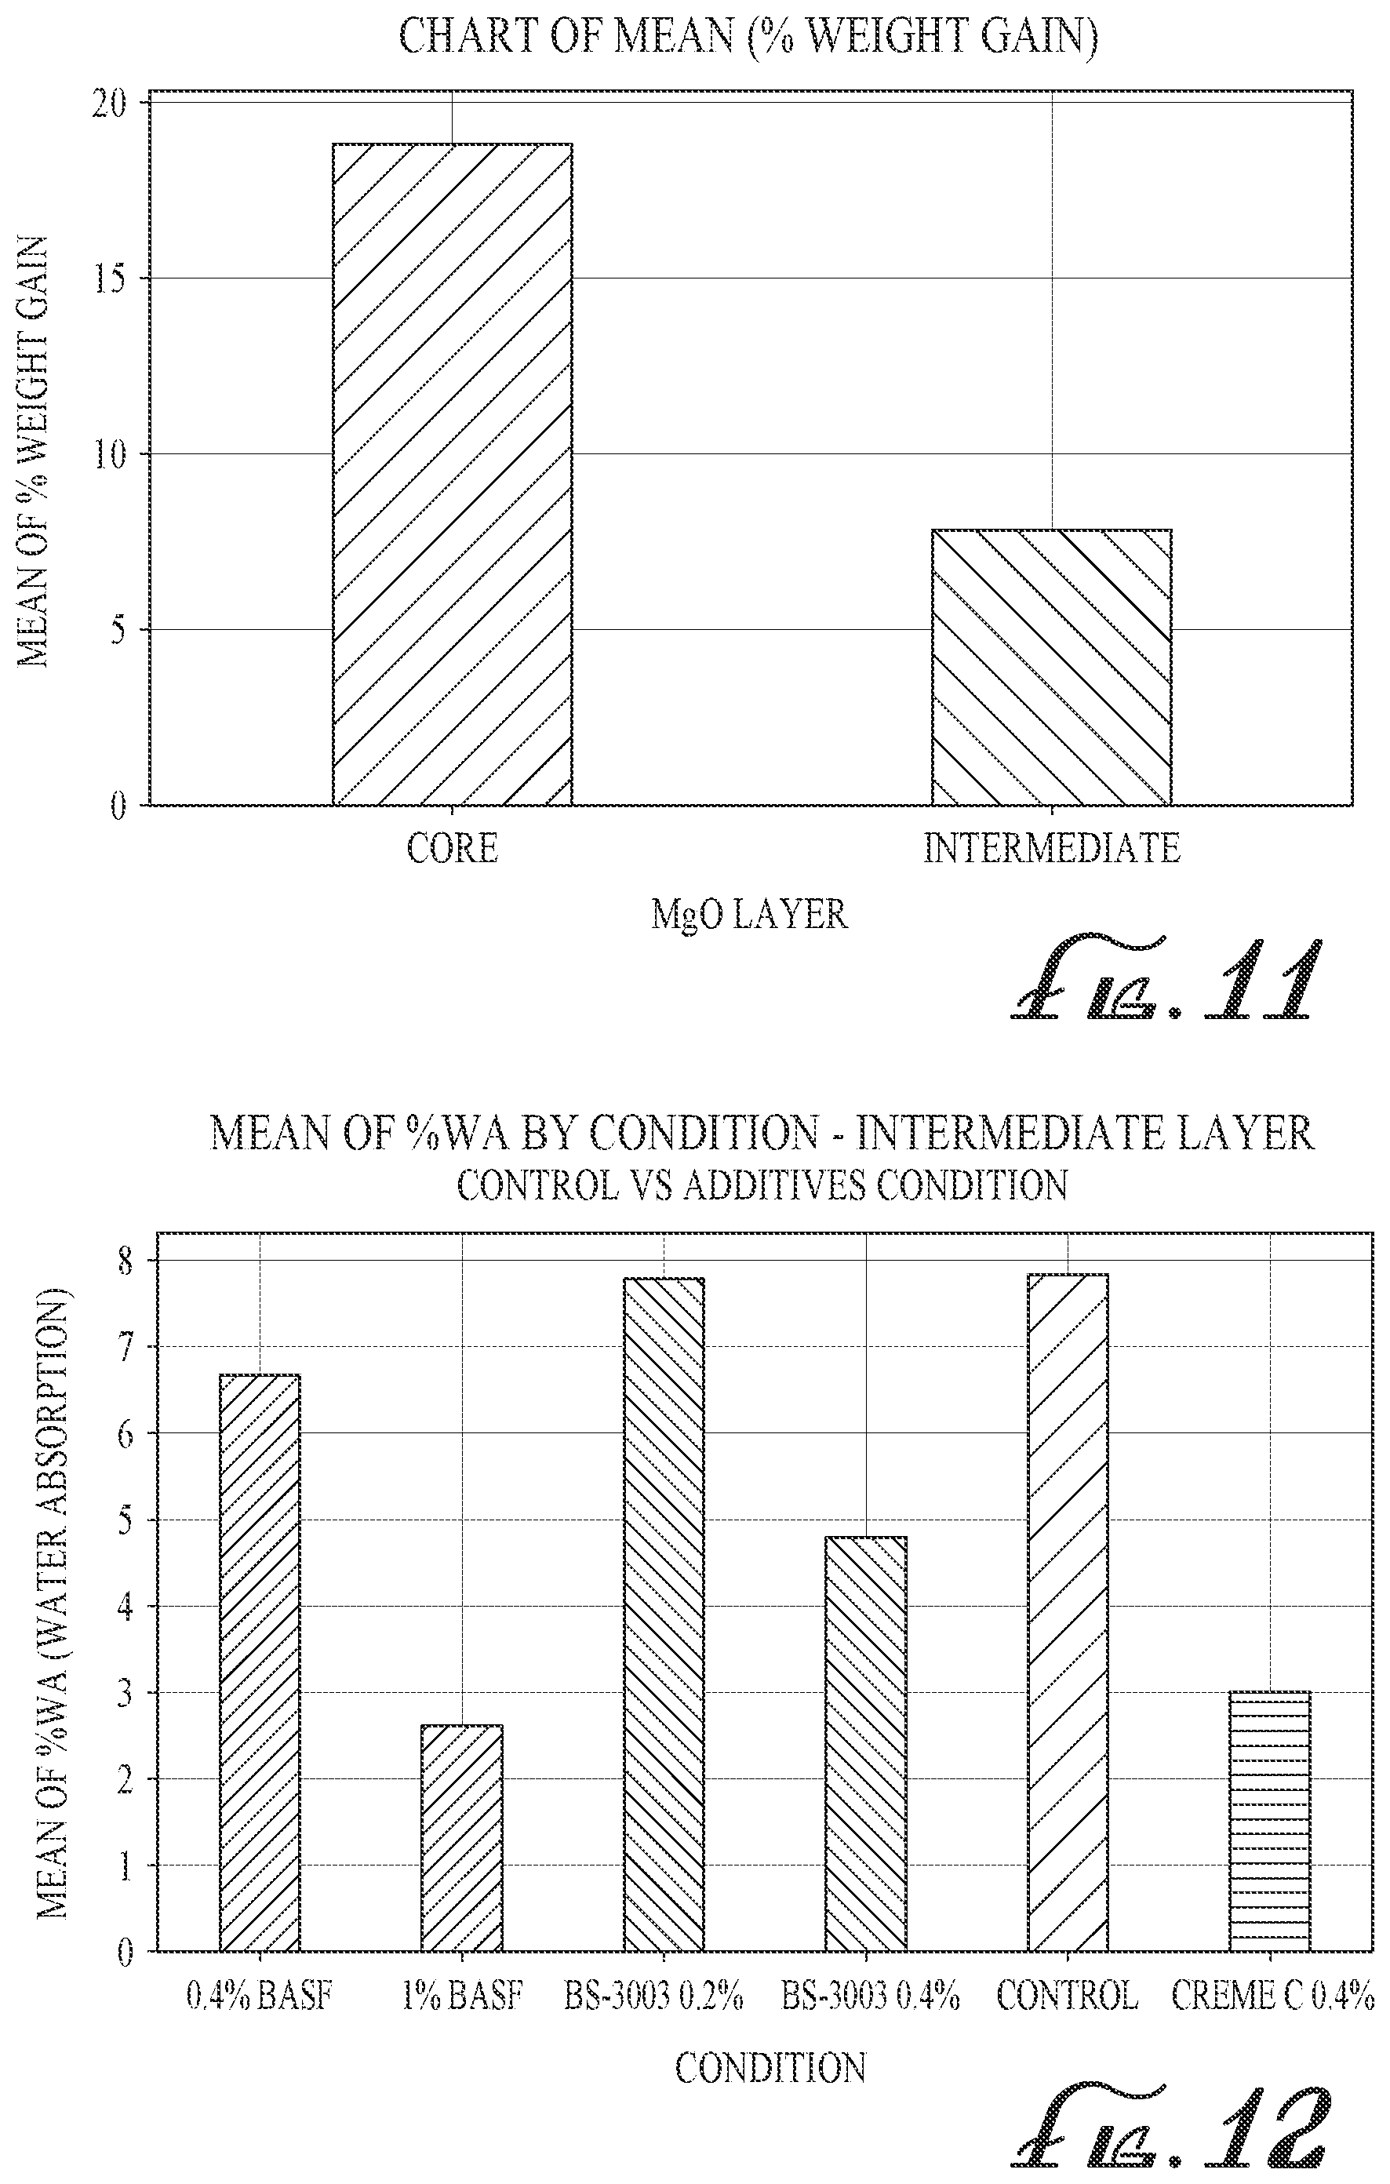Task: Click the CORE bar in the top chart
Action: coord(452,474)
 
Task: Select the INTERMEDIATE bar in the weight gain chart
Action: coord(1052,667)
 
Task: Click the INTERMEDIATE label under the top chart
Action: coord(1052,849)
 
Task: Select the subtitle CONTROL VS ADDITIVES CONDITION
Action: coord(762,1185)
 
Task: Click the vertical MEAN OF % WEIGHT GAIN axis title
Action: coord(34,452)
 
